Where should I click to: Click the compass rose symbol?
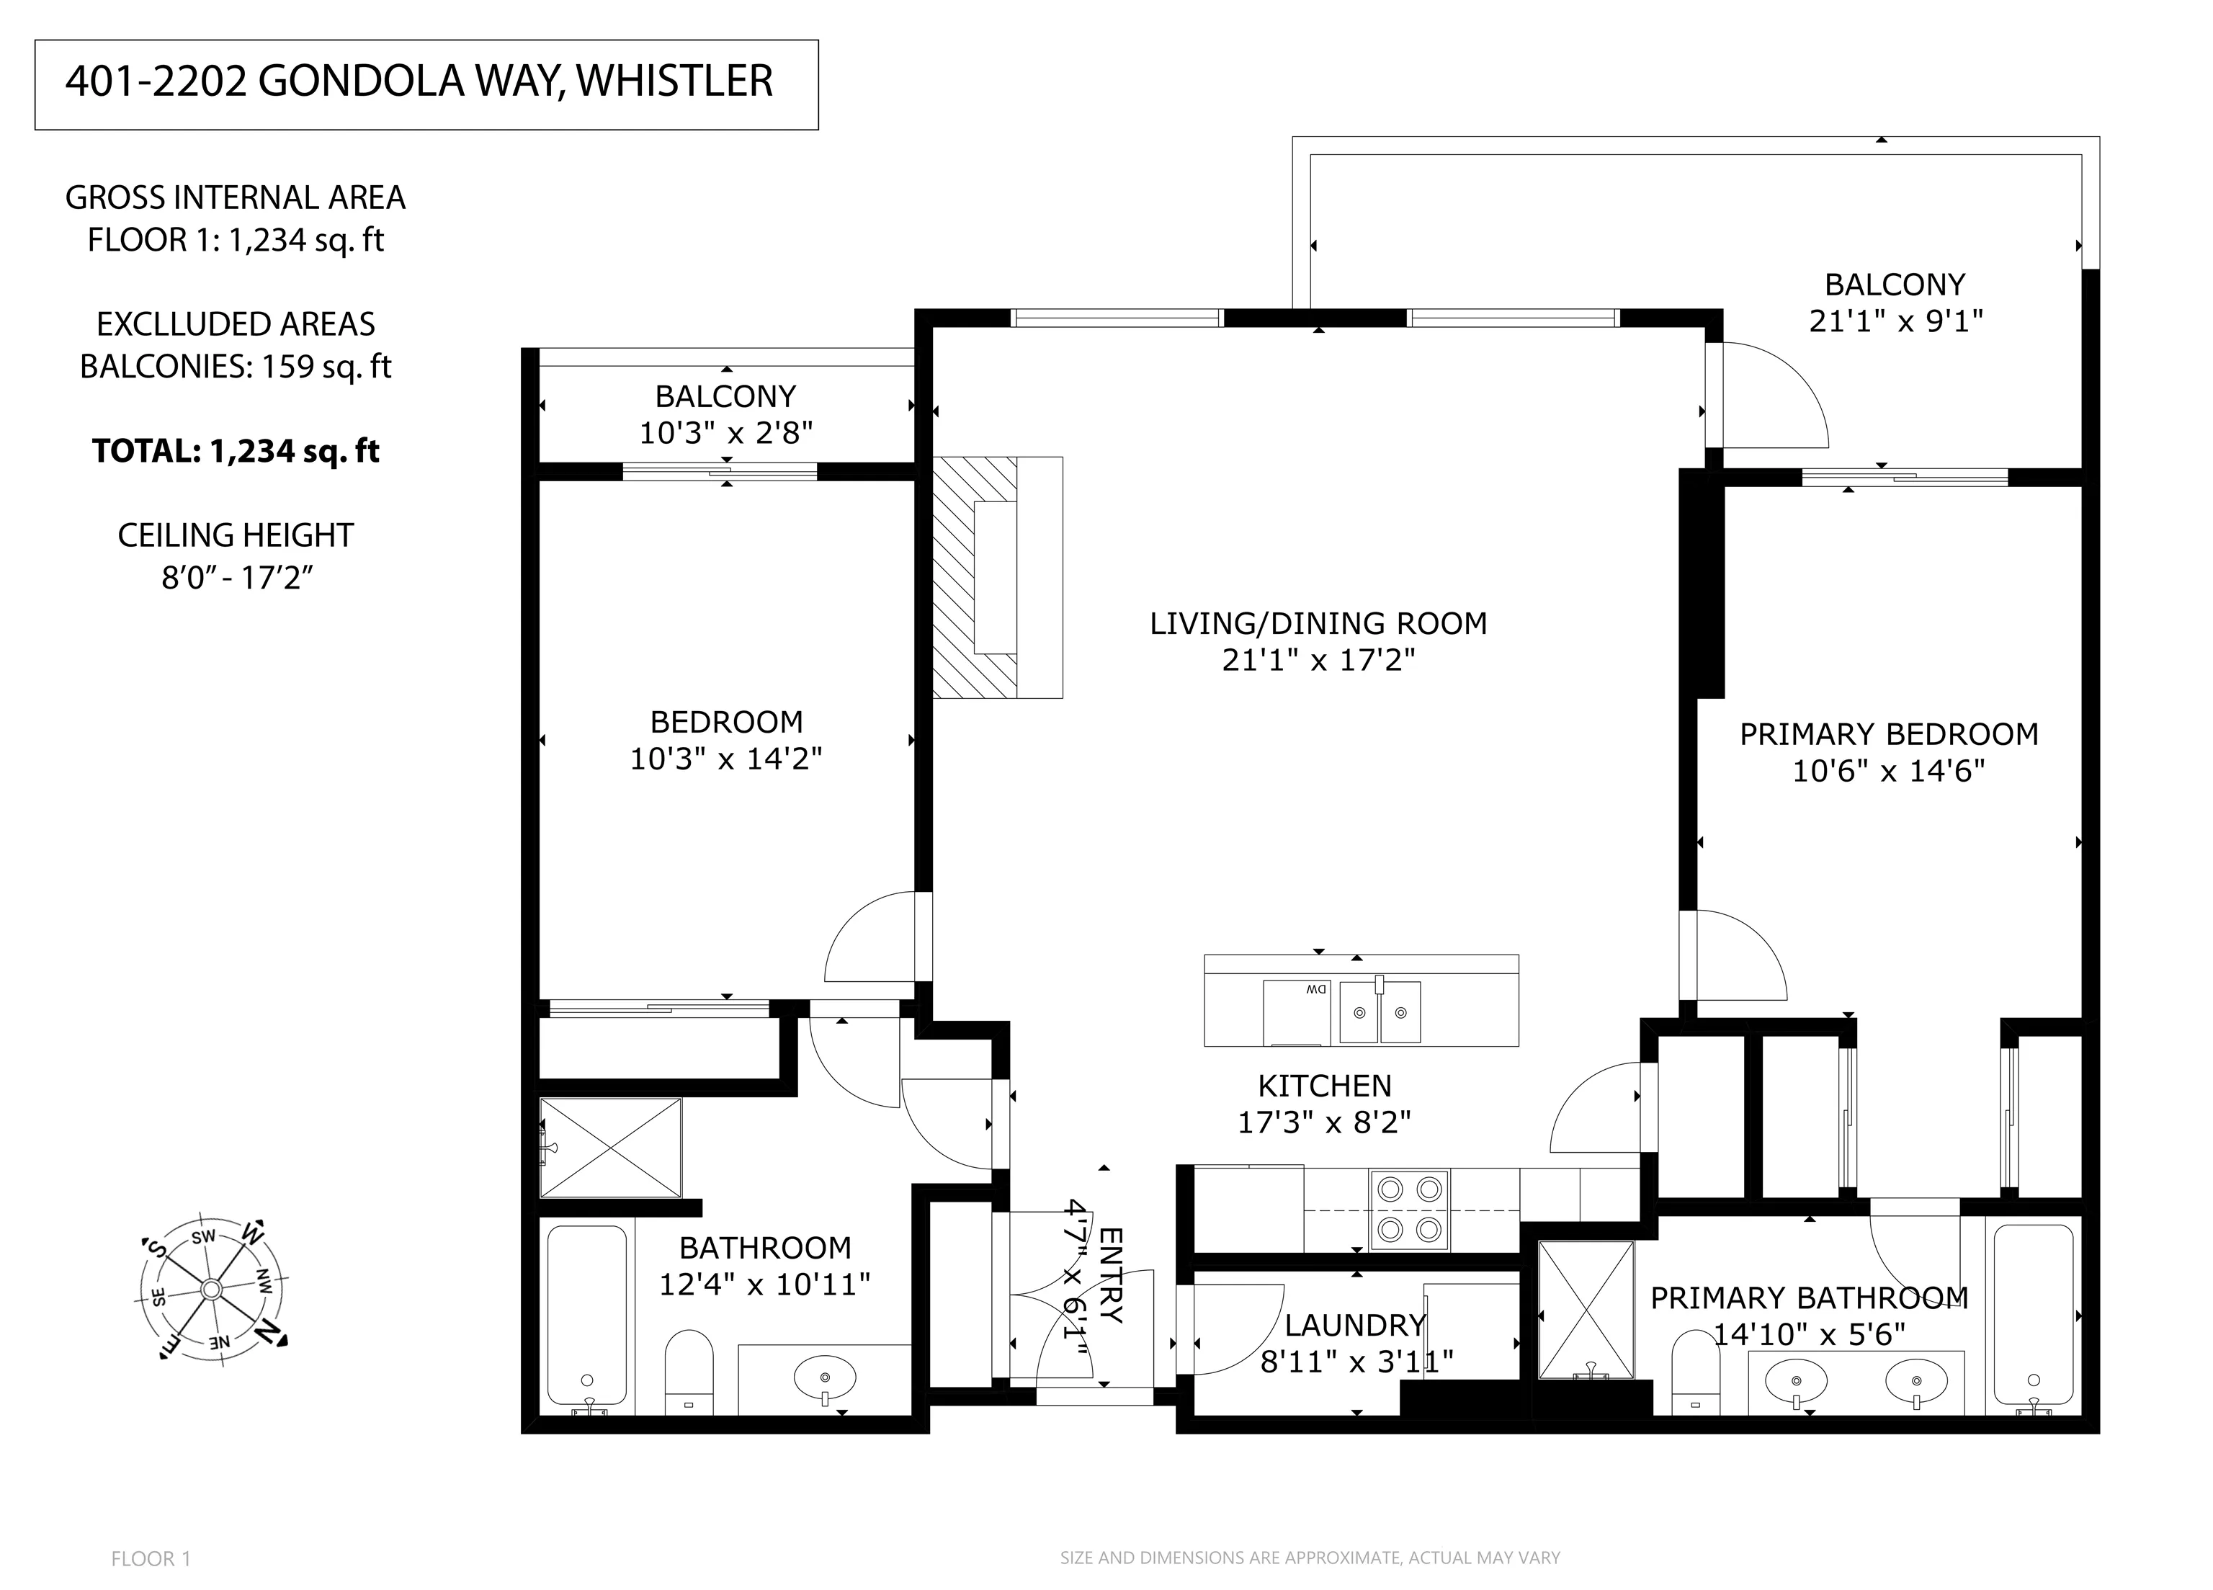pos(212,1290)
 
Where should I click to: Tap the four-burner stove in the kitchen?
pos(1409,1210)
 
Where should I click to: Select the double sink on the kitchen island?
pos(1379,1012)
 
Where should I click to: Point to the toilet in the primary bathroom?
pos(1695,1375)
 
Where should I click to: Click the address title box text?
pos(419,81)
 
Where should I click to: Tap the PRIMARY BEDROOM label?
pos(1889,734)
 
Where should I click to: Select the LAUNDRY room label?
pos(1355,1324)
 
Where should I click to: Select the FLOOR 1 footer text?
pos(151,1559)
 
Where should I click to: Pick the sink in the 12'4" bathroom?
pos(825,1378)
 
